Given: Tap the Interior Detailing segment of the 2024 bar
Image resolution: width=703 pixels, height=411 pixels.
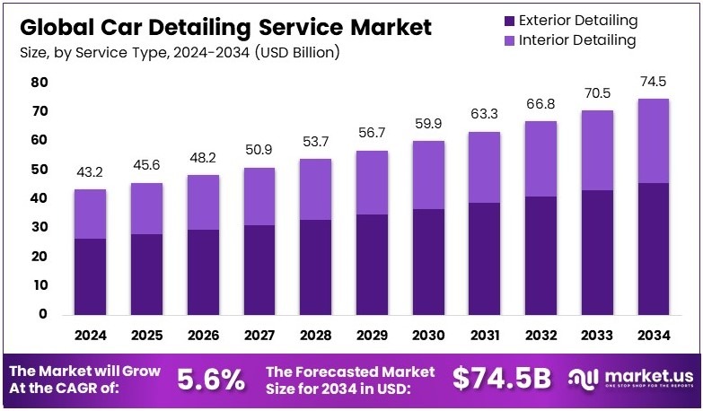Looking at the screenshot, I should (90, 214).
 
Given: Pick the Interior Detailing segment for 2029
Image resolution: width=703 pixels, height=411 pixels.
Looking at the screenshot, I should (372, 182).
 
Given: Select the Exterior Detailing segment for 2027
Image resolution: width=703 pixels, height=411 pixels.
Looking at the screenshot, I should (259, 269).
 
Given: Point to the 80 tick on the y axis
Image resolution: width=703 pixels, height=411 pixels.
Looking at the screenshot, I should (39, 82).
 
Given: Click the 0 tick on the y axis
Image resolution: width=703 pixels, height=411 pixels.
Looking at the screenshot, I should (43, 314).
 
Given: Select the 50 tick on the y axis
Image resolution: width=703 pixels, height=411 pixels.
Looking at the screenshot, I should (39, 169).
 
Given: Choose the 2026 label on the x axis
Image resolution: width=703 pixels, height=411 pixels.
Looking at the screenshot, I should (203, 336).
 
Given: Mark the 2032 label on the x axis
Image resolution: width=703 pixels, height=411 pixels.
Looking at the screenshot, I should (540, 336).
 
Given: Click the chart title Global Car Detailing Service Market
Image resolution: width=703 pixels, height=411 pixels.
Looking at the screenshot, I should (224, 27).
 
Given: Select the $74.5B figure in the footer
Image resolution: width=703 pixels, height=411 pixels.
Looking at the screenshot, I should (501, 379).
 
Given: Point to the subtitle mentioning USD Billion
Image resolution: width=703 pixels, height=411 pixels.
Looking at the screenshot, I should (180, 53).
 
